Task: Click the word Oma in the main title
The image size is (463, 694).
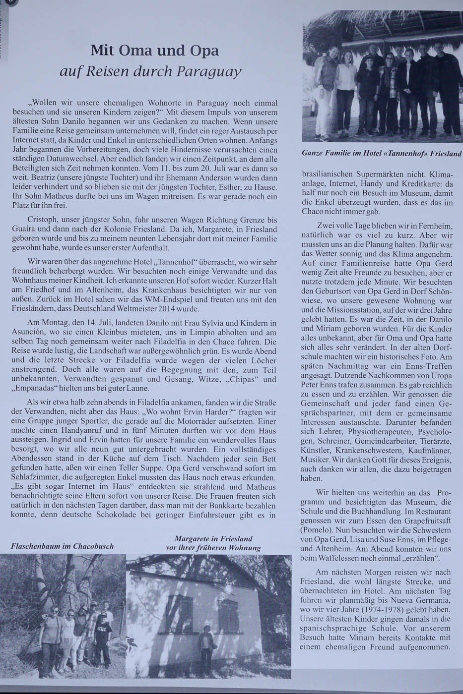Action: pyautogui.click(x=133, y=51)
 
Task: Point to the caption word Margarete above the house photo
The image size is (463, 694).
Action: pyautogui.click(x=195, y=539)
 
